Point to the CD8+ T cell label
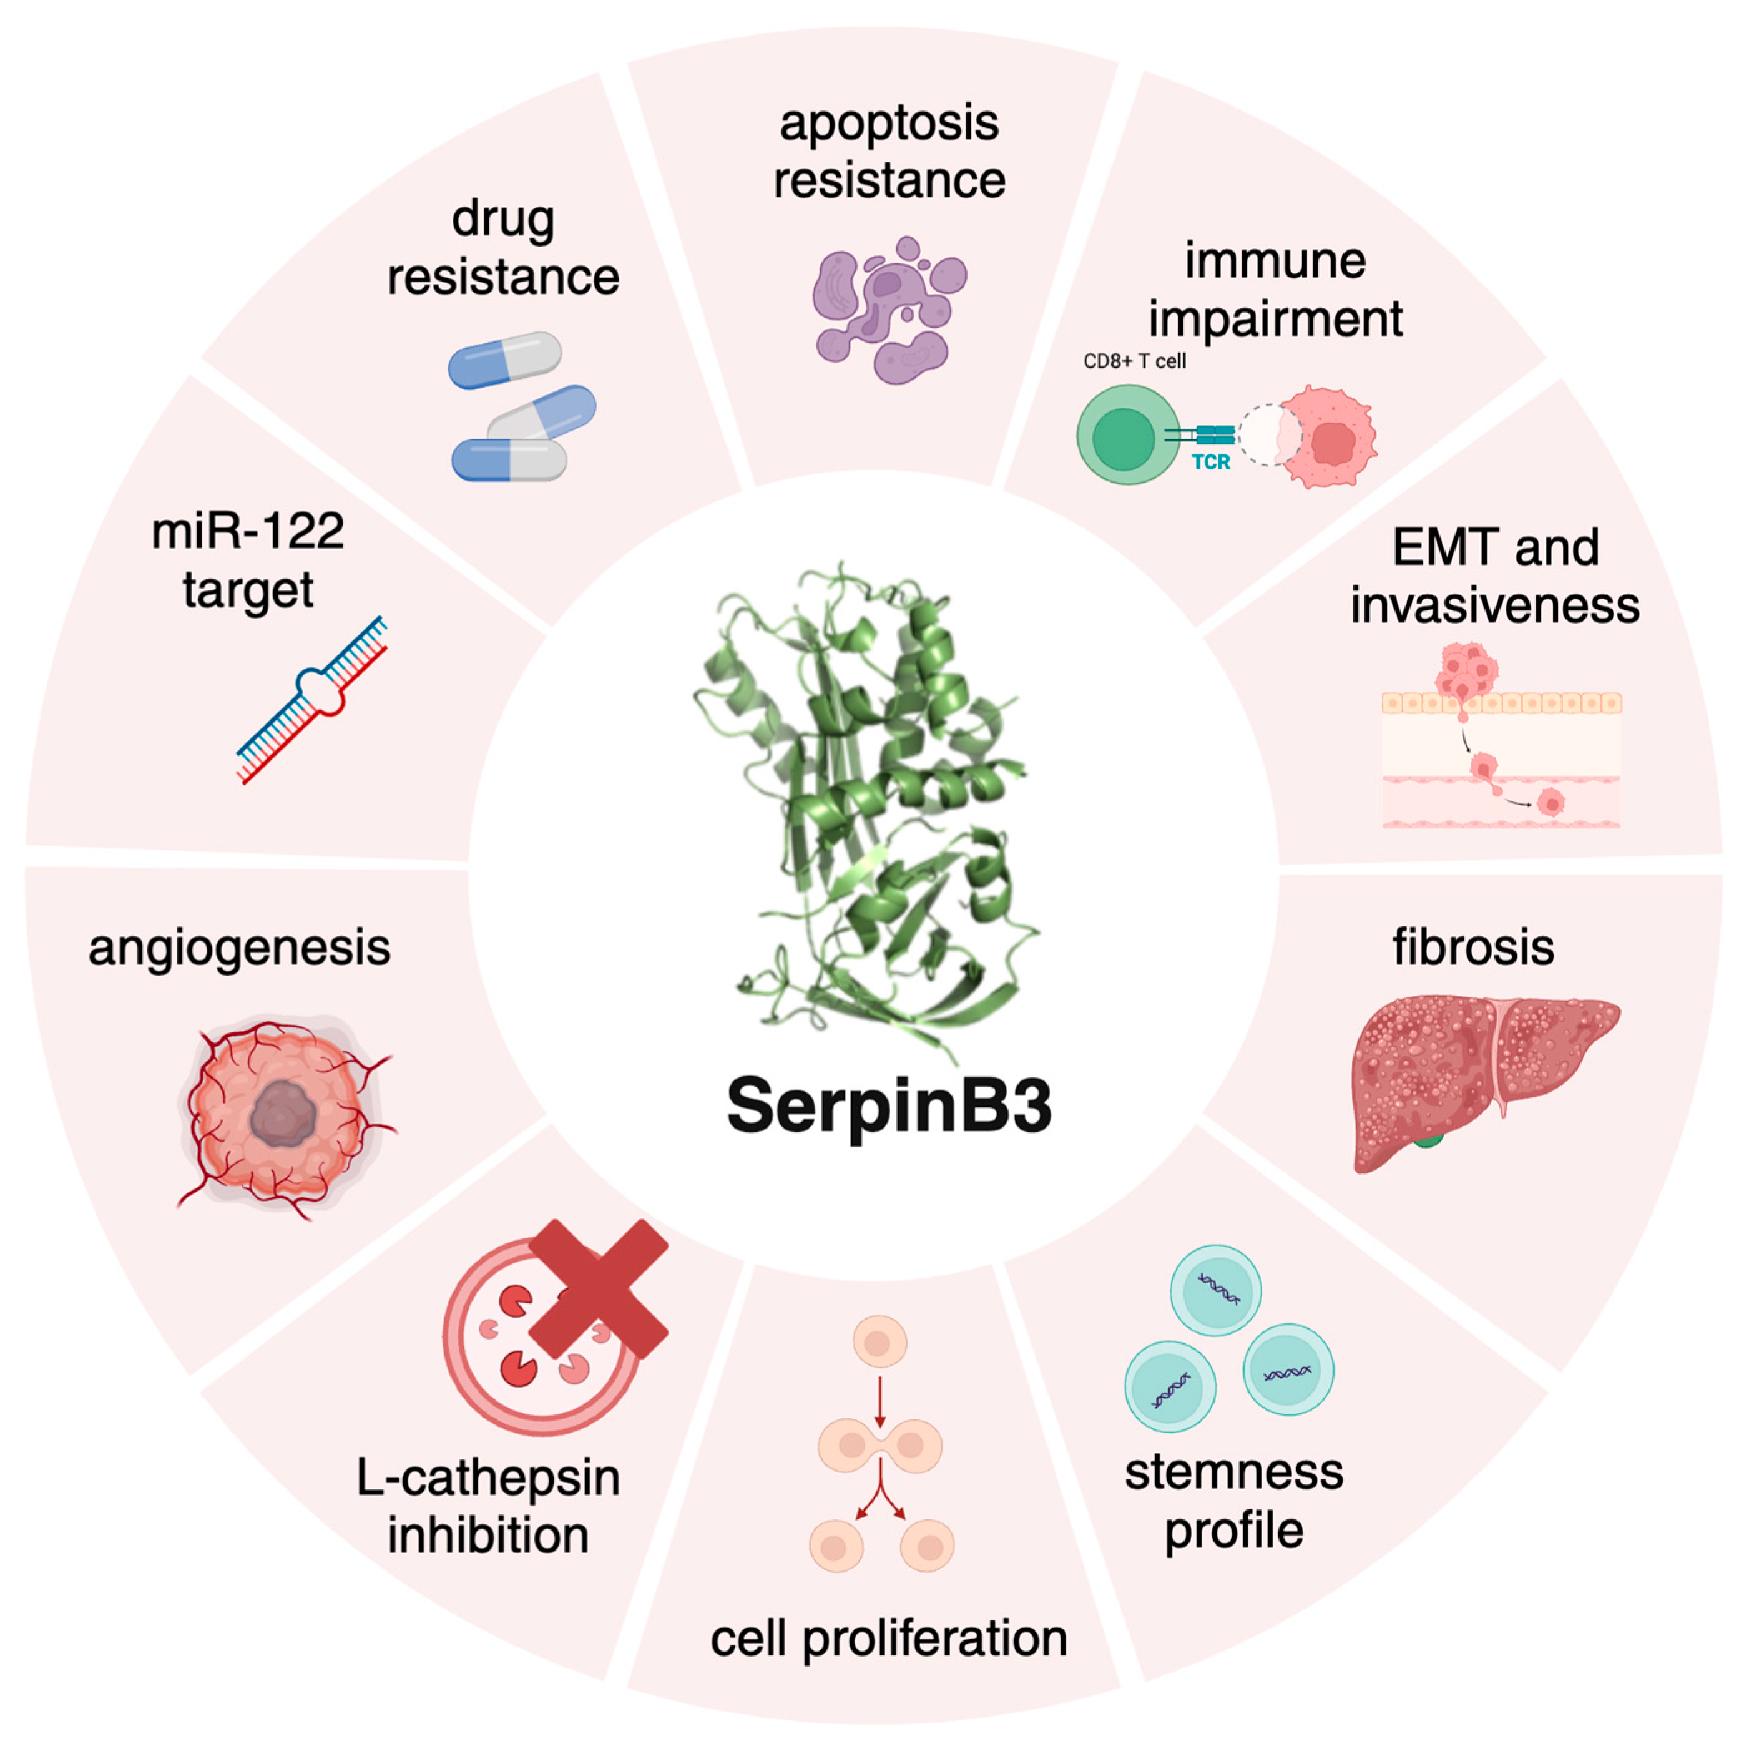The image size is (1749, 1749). point(1134,361)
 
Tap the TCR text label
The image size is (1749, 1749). point(1210,462)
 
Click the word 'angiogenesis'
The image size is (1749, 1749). point(240,948)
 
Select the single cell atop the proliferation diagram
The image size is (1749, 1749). point(879,1341)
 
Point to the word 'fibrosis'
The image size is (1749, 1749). point(1473,948)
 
